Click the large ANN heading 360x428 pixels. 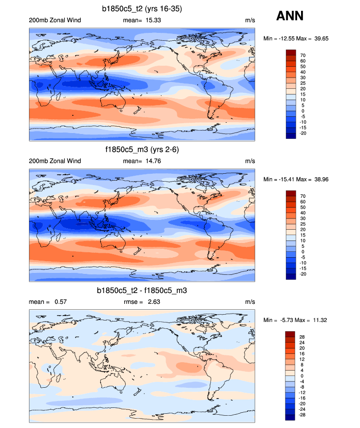click(x=290, y=16)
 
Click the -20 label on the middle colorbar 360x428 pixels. click(x=303, y=274)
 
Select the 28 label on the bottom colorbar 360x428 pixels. click(x=303, y=337)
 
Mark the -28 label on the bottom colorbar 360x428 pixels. click(x=303, y=415)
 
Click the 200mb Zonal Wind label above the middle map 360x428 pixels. click(x=55, y=161)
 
